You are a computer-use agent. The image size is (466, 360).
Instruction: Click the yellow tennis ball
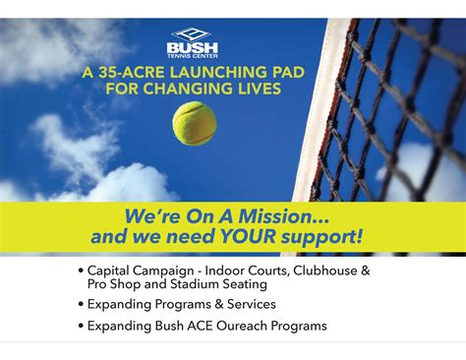(194, 123)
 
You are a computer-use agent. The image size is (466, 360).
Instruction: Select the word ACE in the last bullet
(203, 326)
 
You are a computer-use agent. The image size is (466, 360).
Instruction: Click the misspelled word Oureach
(245, 326)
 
